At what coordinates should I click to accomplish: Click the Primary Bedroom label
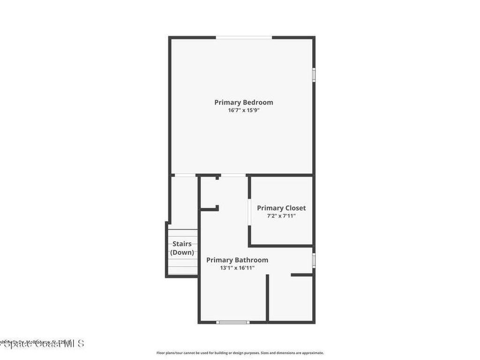(243, 102)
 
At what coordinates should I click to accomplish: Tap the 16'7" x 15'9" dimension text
(243, 111)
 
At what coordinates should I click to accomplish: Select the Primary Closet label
(281, 208)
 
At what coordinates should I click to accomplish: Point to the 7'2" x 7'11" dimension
(281, 216)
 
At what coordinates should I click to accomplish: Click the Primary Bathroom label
(237, 260)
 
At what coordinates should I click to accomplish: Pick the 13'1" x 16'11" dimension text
(237, 268)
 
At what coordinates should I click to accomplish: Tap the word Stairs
(182, 244)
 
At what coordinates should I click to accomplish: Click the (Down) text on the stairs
(182, 252)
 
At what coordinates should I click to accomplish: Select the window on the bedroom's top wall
(244, 37)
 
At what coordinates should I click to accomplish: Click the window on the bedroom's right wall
(314, 75)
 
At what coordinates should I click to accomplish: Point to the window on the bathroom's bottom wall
(233, 322)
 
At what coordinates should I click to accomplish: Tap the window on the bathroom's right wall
(314, 260)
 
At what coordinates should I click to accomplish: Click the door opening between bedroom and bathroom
(233, 175)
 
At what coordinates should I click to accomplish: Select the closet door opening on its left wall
(248, 213)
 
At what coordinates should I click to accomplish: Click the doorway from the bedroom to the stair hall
(185, 175)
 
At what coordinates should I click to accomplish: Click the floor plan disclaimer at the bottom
(240, 353)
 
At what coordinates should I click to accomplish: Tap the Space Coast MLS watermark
(42, 344)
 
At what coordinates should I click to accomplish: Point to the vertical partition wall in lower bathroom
(268, 298)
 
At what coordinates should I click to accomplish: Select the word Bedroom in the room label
(258, 102)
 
